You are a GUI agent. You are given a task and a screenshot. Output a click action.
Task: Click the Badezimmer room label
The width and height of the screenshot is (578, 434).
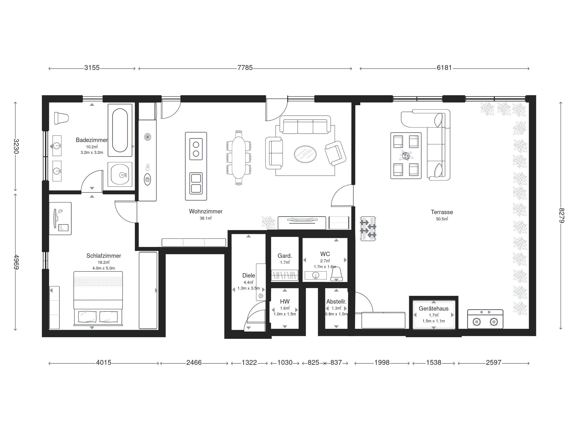pos(92,140)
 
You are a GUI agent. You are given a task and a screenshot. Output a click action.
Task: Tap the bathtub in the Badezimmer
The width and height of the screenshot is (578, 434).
pos(120,130)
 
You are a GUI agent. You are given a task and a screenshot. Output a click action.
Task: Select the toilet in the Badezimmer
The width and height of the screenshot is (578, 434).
pos(61,118)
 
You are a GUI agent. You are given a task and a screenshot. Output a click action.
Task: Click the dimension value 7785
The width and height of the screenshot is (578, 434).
pos(245,68)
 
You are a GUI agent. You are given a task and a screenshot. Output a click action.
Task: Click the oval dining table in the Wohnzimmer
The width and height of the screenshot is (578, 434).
pos(239,158)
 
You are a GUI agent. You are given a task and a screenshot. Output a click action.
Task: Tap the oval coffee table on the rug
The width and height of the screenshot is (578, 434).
pos(305,154)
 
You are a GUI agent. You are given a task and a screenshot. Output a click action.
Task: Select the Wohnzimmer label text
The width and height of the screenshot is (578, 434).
pos(206,211)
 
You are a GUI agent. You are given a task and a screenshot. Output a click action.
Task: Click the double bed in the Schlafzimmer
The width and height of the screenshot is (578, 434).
pos(98,298)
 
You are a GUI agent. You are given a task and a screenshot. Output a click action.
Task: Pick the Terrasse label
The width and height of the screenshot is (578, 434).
pos(442,212)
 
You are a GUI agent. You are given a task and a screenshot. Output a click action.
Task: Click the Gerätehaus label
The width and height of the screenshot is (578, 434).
pos(433,308)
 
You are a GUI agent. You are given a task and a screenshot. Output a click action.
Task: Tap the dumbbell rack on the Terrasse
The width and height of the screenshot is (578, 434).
pos(368,229)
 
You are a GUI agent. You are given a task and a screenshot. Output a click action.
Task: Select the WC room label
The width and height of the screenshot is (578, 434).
pos(325,254)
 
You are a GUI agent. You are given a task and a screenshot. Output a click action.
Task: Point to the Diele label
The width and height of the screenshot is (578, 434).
pos(249,275)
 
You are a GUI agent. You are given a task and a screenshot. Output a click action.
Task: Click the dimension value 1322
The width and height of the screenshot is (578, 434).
pos(249,363)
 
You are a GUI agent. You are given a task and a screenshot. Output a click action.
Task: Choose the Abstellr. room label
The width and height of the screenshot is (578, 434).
pos(336,302)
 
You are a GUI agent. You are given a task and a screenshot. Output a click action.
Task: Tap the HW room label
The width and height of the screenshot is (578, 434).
pos(285,302)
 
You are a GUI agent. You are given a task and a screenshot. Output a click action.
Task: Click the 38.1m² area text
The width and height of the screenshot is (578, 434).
pos(206,218)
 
